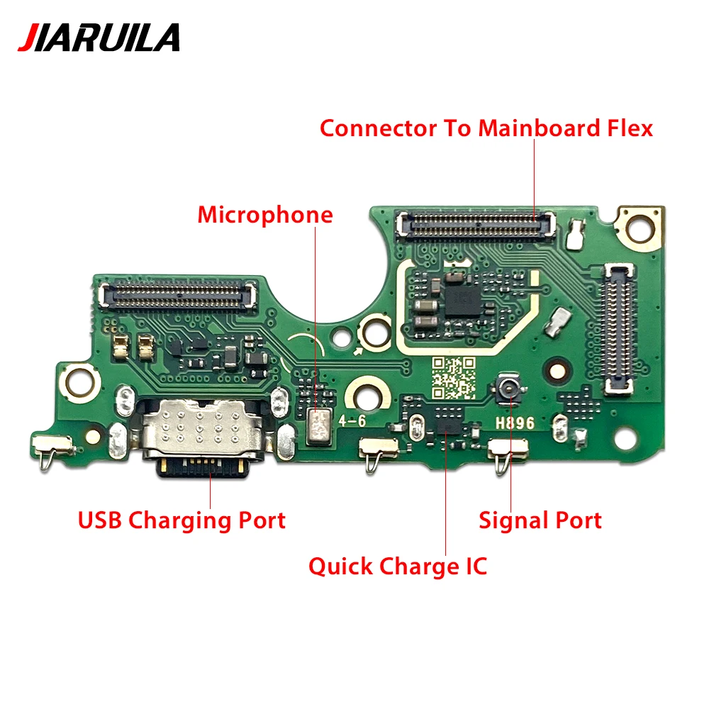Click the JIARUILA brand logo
(x=99, y=38)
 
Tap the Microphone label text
(x=265, y=215)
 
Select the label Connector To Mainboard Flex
(x=486, y=128)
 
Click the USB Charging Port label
(x=182, y=520)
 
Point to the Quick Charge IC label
(x=398, y=566)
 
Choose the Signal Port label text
(x=540, y=520)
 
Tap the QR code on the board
(x=454, y=378)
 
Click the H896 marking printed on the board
(x=515, y=423)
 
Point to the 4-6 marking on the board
(x=352, y=421)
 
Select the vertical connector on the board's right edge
(x=618, y=328)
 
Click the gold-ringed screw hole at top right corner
(x=639, y=228)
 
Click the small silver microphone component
(x=318, y=426)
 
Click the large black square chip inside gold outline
(x=462, y=300)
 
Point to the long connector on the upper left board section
(x=179, y=294)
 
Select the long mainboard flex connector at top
(x=476, y=224)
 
